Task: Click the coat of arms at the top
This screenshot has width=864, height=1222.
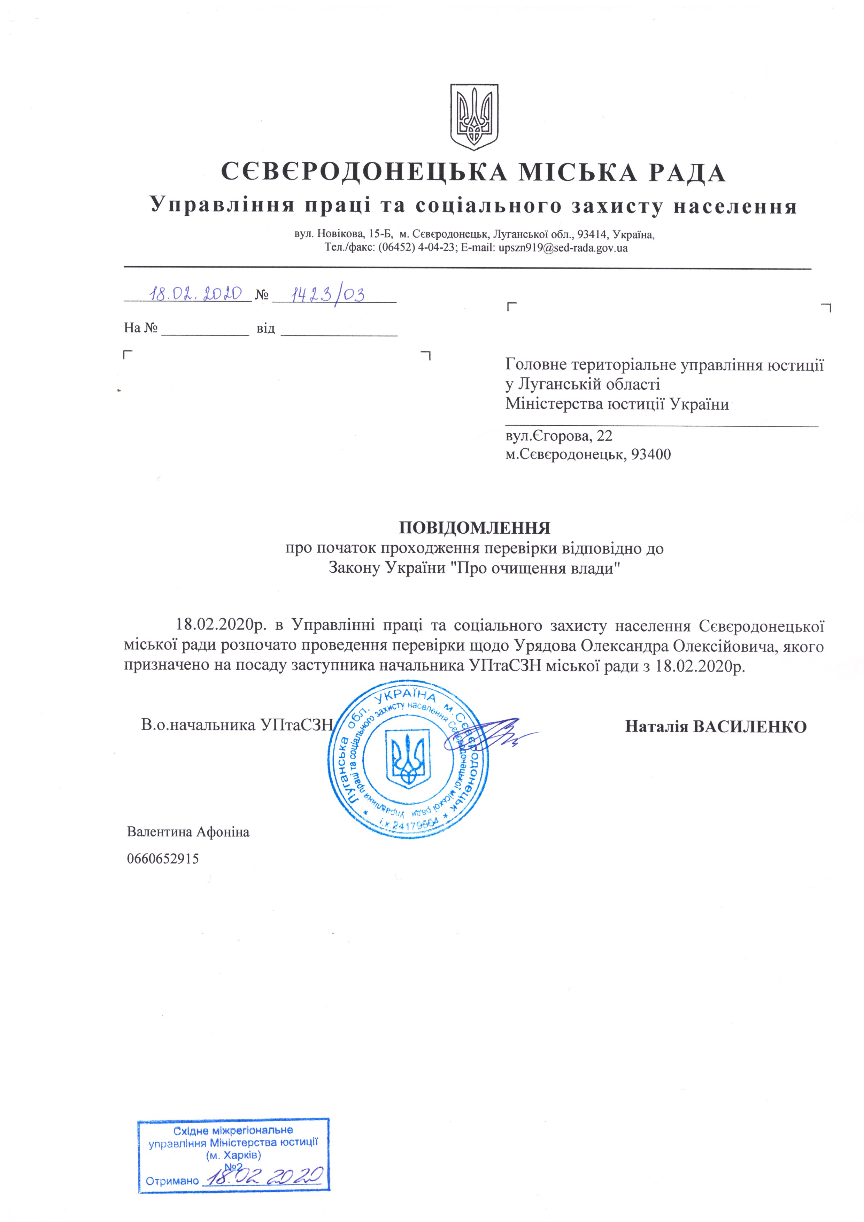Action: pyautogui.click(x=474, y=117)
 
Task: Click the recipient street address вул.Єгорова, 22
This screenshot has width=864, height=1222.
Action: pyautogui.click(x=558, y=436)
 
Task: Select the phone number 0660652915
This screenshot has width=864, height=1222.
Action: pyautogui.click(x=163, y=858)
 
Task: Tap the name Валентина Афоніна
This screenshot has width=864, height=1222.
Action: pyautogui.click(x=188, y=832)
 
